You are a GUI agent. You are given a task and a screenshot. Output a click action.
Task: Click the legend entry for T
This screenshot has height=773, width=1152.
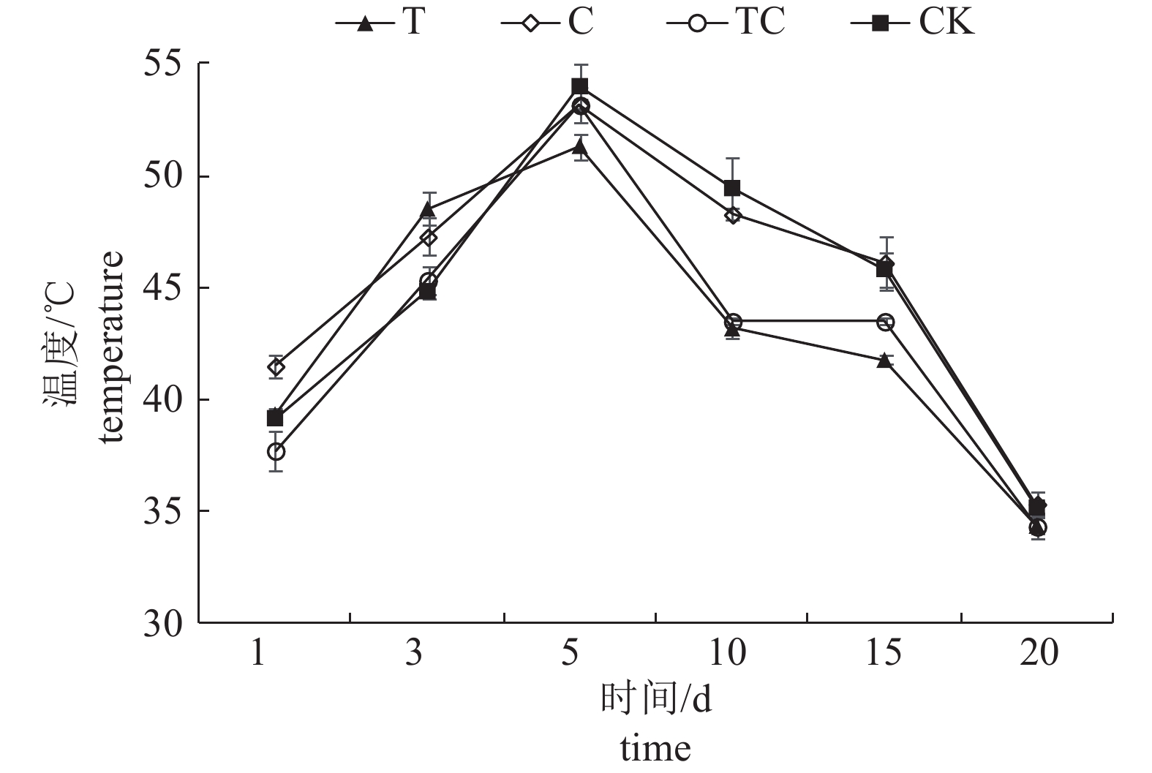coord(380,22)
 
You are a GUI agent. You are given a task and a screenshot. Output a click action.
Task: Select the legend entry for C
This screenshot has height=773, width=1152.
coord(547,22)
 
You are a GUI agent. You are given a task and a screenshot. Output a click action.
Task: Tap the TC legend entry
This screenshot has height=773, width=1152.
coord(726,22)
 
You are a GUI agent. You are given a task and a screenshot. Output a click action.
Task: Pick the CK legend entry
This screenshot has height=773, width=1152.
coord(912,22)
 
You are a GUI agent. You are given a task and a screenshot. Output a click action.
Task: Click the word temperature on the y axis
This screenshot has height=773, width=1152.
coord(111,347)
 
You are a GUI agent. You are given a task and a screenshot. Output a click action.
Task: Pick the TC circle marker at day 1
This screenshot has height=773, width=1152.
coord(276,452)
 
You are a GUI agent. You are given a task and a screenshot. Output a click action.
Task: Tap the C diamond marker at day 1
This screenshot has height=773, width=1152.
coord(276,367)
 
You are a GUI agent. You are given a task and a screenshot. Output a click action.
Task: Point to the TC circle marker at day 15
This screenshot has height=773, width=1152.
coord(886,322)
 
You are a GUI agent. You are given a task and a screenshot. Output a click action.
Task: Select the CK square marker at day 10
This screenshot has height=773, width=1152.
coord(732,189)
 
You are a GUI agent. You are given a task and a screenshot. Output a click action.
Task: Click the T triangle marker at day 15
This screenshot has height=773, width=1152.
coord(886,360)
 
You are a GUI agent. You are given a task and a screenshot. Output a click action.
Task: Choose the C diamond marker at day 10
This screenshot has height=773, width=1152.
coord(732,215)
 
